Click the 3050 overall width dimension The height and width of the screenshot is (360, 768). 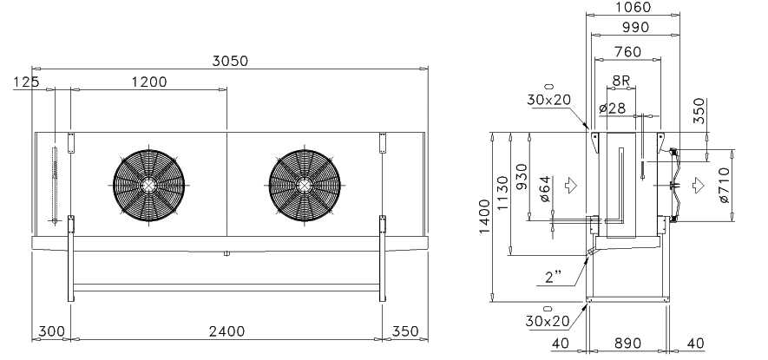tap(230, 62)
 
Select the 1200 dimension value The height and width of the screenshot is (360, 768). tap(149, 82)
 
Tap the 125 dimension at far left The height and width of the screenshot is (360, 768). tap(26, 82)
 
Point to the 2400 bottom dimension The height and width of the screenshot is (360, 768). tap(226, 331)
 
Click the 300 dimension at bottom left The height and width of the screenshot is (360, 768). tap(51, 331)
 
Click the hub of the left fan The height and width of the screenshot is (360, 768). tap(148, 185)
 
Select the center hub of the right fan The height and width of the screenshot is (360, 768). tap(305, 185)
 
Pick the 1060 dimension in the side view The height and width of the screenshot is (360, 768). tap(633, 7)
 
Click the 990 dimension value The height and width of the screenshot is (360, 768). tap(635, 28)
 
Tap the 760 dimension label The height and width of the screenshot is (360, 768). tap(627, 51)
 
